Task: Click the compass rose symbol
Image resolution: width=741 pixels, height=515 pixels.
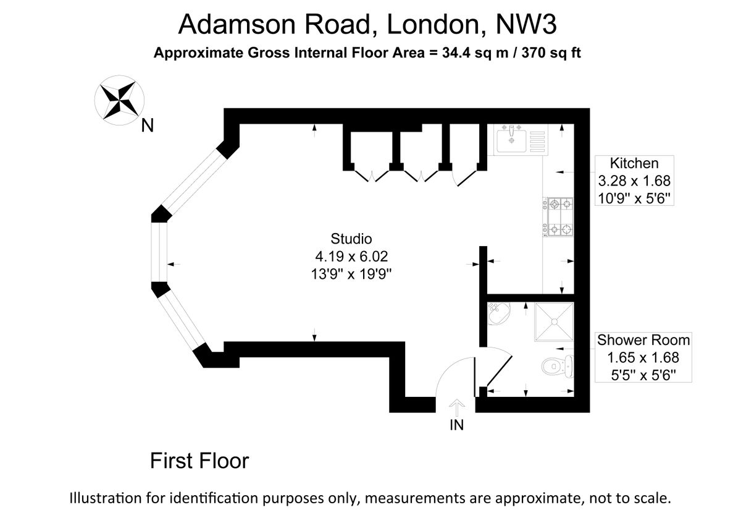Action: (119, 100)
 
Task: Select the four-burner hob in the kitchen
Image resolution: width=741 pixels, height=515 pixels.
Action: (558, 217)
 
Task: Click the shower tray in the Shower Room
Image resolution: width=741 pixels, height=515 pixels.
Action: (554, 321)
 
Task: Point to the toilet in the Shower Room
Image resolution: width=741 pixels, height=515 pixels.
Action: (558, 366)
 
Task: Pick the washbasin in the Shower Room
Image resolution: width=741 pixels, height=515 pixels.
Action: (499, 313)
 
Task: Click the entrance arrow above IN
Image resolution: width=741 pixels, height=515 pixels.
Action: (456, 407)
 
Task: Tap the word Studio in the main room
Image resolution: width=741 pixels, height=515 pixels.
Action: (351, 239)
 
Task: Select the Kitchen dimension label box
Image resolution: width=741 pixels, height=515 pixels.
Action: (634, 181)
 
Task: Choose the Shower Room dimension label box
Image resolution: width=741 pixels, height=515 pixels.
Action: (643, 357)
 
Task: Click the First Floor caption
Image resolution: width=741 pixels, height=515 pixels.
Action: (199, 461)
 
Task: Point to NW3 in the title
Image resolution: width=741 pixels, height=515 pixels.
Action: (527, 24)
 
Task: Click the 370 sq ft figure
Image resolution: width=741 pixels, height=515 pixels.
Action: (551, 53)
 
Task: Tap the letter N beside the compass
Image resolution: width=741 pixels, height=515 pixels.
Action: (147, 126)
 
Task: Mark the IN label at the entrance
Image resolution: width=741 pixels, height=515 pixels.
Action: (456, 425)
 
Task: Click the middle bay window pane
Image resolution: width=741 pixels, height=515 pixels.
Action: (159, 252)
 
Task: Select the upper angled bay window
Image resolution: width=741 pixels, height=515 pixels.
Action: (193, 183)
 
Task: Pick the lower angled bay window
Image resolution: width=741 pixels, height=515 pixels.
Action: (182, 323)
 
